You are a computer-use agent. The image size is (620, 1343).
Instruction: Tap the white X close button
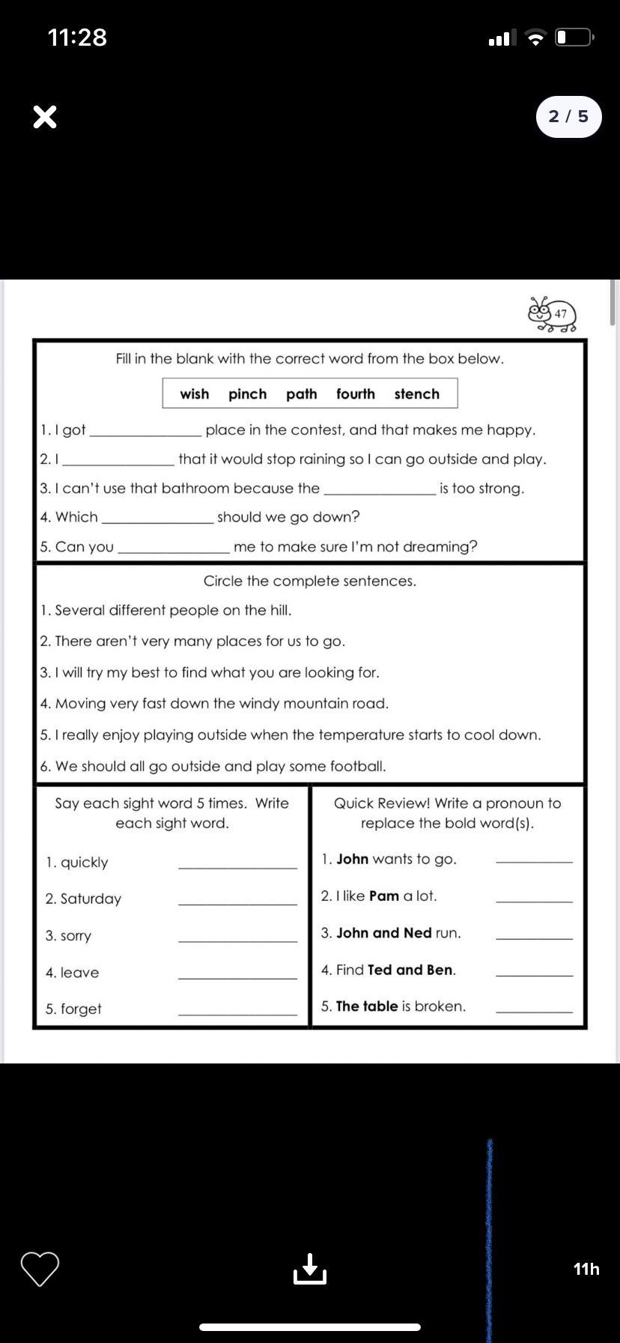tap(45, 117)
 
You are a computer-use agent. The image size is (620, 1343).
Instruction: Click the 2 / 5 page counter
tap(568, 117)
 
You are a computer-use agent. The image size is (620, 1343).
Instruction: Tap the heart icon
tap(40, 1268)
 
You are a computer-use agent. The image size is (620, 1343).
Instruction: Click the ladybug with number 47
tap(553, 314)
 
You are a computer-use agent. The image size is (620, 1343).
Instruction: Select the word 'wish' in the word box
tap(194, 394)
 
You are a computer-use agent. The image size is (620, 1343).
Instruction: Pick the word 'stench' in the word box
tap(416, 394)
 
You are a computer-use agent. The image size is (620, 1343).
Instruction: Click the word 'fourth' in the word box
tap(355, 394)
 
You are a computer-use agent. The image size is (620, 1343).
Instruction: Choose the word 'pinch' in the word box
tap(247, 394)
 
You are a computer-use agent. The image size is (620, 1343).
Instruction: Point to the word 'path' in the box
tap(301, 394)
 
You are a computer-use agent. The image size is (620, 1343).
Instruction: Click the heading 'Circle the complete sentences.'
tap(309, 581)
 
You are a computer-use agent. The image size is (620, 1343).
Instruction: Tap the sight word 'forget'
tap(81, 1009)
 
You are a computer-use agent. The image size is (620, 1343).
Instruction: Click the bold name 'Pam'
tap(384, 896)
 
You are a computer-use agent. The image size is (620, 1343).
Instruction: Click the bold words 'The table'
tap(367, 1006)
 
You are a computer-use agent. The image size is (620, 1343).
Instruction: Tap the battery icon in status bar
tap(574, 37)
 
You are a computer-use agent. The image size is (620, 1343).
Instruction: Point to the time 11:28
tap(77, 37)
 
